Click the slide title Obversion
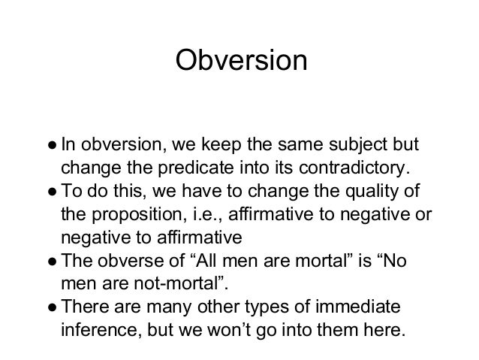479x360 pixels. point(240,61)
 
